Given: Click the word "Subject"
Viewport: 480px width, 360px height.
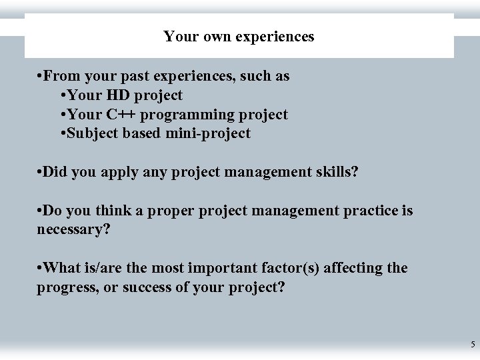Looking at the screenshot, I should pos(94,133).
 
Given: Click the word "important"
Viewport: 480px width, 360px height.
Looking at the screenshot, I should pos(219,268).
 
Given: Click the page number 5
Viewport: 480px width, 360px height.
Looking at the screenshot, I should pos(473,345).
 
